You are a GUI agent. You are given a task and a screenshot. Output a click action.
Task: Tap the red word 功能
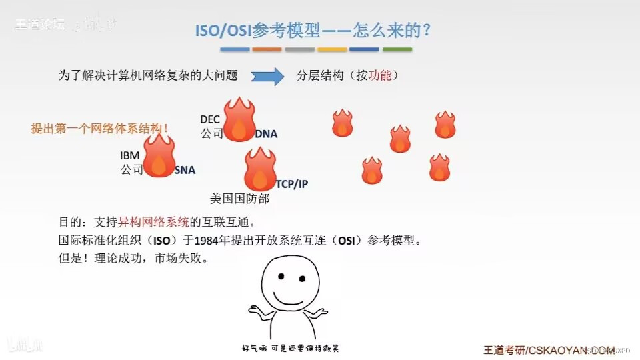click(x=379, y=76)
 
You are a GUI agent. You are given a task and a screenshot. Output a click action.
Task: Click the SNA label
click(x=185, y=170)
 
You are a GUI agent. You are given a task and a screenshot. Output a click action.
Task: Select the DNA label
click(x=265, y=134)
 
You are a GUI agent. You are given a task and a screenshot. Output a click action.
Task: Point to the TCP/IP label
click(x=292, y=184)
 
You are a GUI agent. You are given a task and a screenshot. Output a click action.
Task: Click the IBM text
click(x=130, y=155)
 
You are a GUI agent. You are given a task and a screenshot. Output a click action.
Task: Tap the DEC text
click(x=210, y=119)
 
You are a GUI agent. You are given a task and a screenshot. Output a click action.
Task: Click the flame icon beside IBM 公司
click(x=159, y=157)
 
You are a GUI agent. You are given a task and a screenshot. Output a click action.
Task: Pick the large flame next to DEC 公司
click(x=239, y=120)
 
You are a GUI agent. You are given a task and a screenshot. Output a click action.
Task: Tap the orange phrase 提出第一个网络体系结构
click(x=98, y=128)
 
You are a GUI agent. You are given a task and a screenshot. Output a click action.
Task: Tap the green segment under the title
click(x=397, y=49)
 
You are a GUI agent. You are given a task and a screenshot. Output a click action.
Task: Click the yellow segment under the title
click(x=332, y=49)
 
